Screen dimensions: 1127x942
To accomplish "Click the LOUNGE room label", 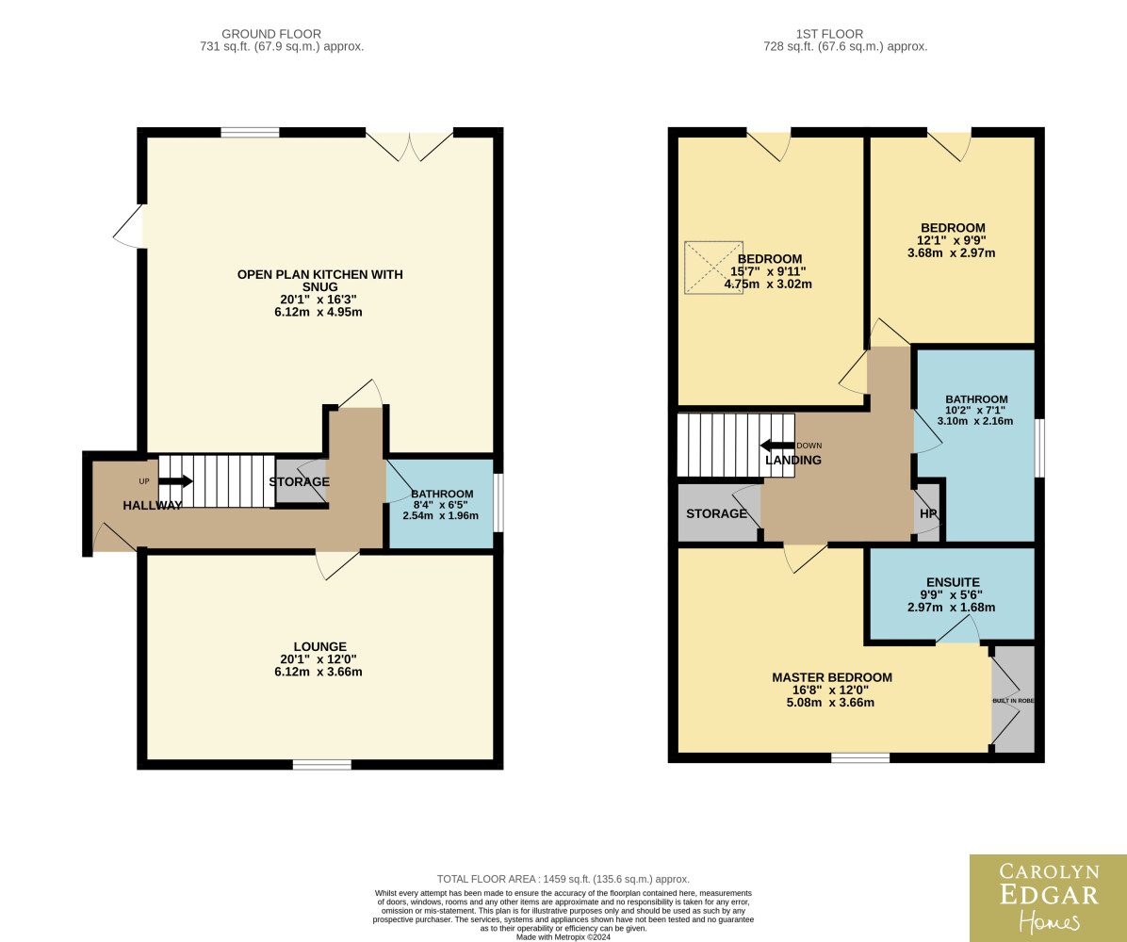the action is pos(319,646).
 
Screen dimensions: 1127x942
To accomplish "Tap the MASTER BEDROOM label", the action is pos(832,677).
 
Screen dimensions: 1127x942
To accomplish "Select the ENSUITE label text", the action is pos(953,582).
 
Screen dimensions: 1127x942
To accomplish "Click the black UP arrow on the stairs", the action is pos(176,481).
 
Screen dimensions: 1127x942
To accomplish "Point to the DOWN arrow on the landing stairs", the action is pos(777,446).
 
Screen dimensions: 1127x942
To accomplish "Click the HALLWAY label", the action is pos(153,505).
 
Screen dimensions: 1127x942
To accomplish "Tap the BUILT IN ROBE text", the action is pos(1013,701).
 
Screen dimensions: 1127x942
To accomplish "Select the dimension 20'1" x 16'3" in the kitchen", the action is pos(318,300).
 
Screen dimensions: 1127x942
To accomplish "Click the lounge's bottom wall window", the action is pos(322,764).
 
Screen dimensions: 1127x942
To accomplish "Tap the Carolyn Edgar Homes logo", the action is pos(1048,898).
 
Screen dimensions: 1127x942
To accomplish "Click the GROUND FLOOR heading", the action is pos(271,34).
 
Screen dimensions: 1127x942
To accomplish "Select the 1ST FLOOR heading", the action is pos(829,34).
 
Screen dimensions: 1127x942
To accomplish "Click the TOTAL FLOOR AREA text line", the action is pos(563,879).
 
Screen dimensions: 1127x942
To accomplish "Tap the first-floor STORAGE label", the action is pos(716,513).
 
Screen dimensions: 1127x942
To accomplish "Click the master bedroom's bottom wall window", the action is pos(860,758).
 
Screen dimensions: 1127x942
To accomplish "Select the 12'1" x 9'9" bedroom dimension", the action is pos(951,241).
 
